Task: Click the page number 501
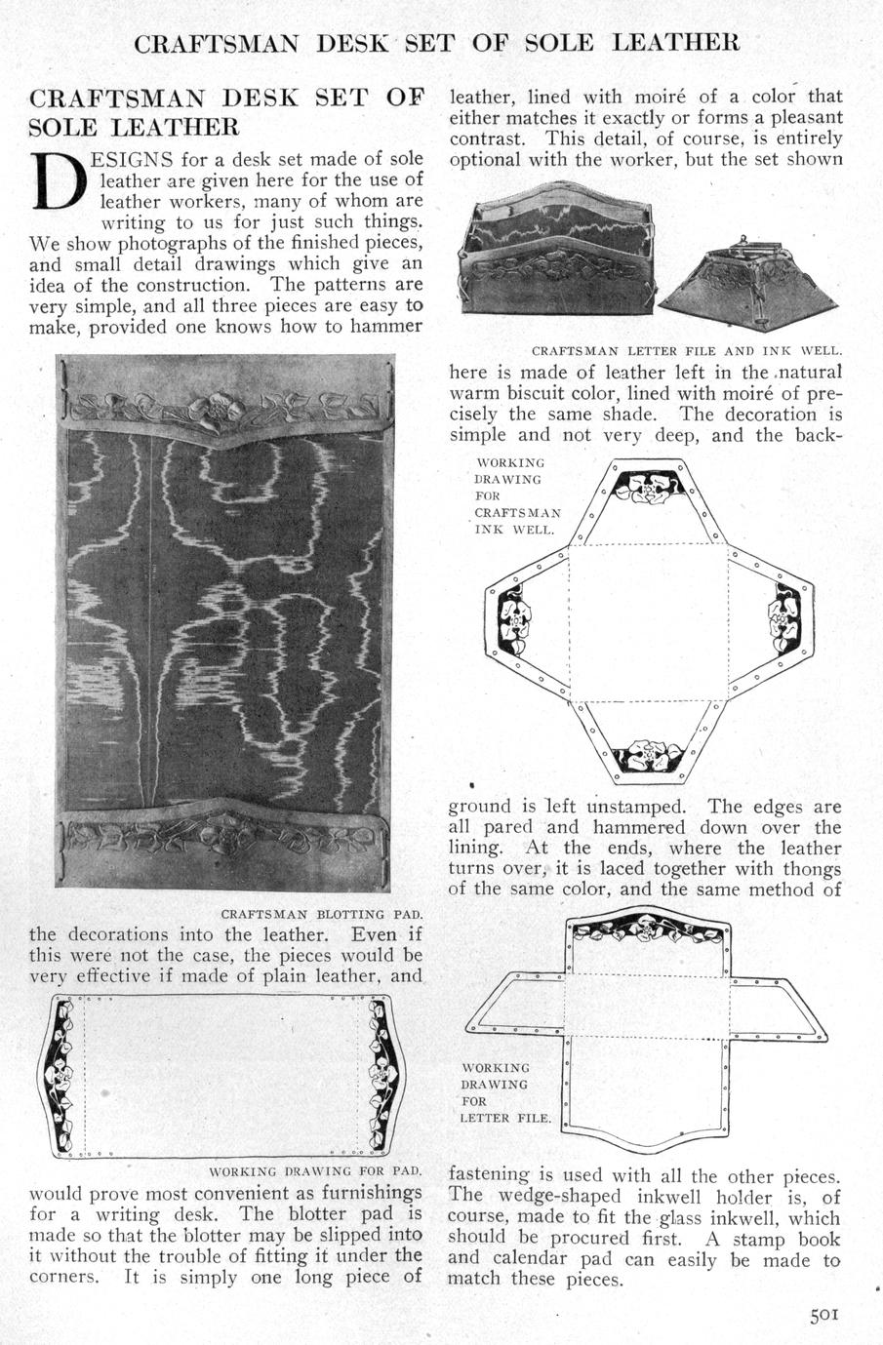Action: point(823,1314)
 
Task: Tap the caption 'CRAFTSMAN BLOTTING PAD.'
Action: point(321,915)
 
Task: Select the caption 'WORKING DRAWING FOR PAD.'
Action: point(315,1170)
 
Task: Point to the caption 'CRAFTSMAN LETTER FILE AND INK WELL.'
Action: point(687,350)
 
